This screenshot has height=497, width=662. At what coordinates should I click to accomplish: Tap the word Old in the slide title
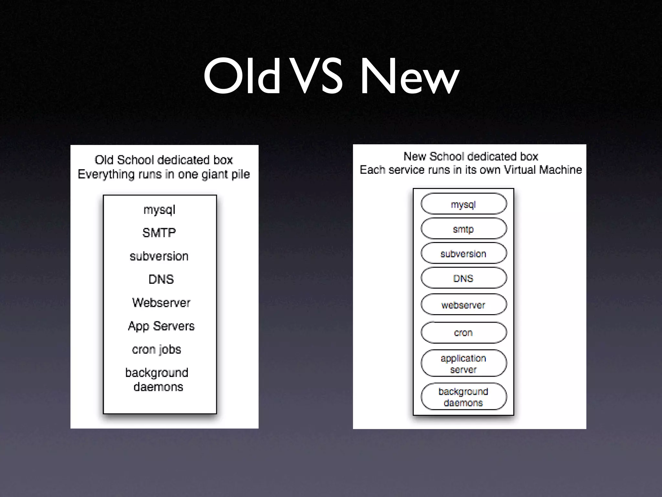point(242,77)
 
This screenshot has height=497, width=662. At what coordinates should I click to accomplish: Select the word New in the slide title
point(409,77)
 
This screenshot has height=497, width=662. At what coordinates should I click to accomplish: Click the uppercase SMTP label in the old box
point(159,233)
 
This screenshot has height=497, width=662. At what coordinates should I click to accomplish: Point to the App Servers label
point(161,326)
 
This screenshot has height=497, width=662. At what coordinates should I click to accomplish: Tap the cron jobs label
point(156,349)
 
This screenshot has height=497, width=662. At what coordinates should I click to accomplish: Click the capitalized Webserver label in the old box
point(161,303)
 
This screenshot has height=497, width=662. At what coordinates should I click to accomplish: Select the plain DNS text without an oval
point(161,279)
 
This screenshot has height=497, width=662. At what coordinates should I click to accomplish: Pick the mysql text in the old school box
point(159,210)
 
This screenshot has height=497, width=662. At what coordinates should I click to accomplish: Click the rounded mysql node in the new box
point(464,204)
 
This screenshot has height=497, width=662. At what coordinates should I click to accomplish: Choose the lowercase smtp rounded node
point(464,229)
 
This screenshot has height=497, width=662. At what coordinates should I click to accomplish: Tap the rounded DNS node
point(464,278)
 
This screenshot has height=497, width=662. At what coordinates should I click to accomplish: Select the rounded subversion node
point(464,253)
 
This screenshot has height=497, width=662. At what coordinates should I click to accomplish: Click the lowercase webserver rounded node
point(464,304)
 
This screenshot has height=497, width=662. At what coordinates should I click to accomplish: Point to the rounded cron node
point(464,332)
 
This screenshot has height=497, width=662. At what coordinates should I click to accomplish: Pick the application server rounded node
point(464,363)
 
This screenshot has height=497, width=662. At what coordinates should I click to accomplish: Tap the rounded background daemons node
point(464,397)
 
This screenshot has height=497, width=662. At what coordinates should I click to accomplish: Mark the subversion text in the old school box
point(159,256)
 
